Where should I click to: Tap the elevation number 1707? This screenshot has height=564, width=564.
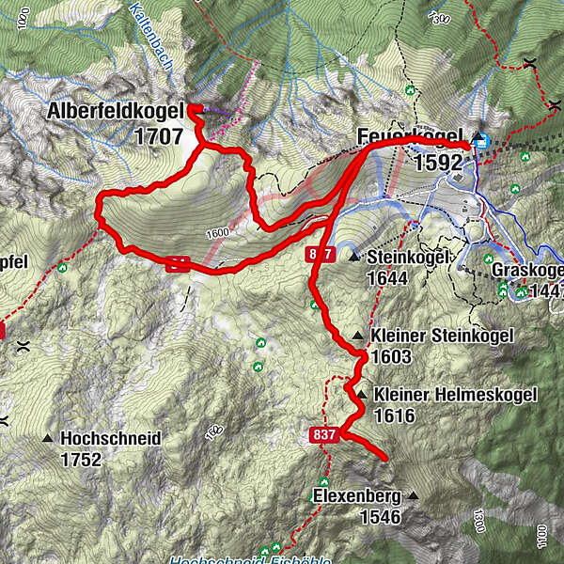point(158,136)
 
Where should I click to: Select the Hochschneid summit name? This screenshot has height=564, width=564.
point(110,438)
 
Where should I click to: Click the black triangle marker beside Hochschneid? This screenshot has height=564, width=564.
point(47,439)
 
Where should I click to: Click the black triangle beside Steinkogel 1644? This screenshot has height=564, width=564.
point(354,257)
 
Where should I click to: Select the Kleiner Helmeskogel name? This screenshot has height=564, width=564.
point(455,395)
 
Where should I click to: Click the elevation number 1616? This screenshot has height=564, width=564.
point(395,415)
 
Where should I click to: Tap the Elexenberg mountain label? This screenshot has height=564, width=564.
point(356,496)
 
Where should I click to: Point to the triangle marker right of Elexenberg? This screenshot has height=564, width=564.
point(411,495)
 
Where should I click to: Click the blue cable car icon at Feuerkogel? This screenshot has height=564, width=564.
point(481,141)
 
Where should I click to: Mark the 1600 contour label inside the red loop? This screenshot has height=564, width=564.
point(216,233)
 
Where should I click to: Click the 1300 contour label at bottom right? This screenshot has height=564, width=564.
point(480,518)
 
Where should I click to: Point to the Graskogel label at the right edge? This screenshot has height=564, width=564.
point(526,270)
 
